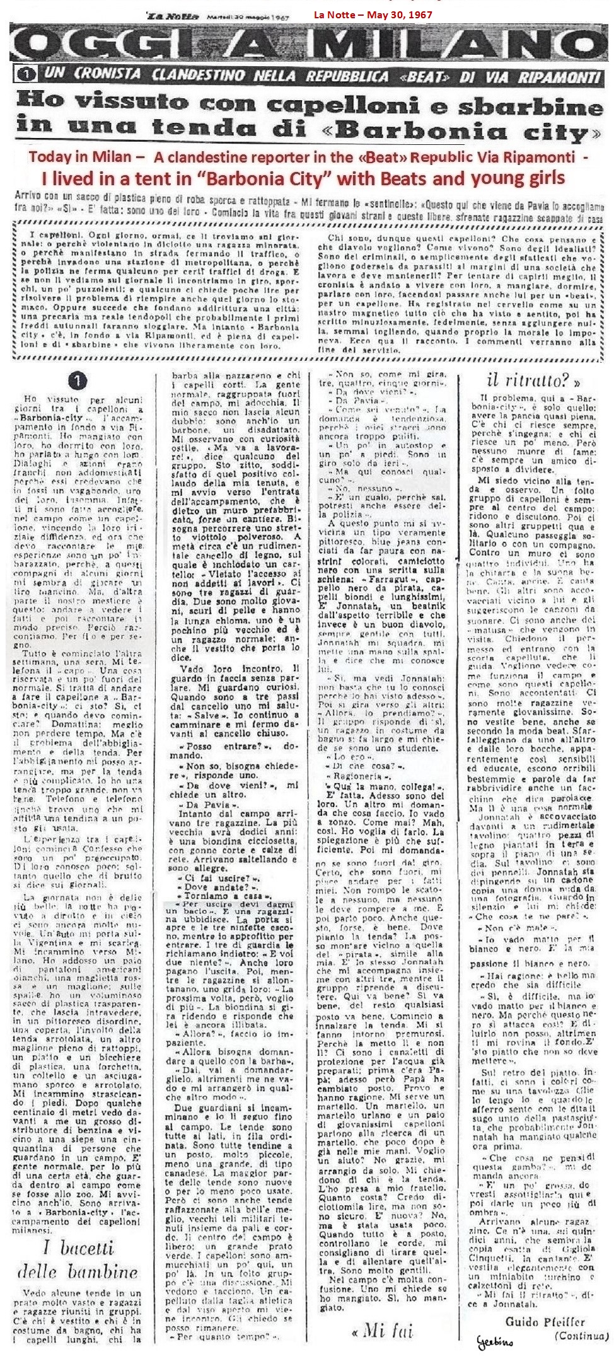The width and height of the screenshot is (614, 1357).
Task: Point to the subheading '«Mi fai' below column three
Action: [x=383, y=1329]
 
